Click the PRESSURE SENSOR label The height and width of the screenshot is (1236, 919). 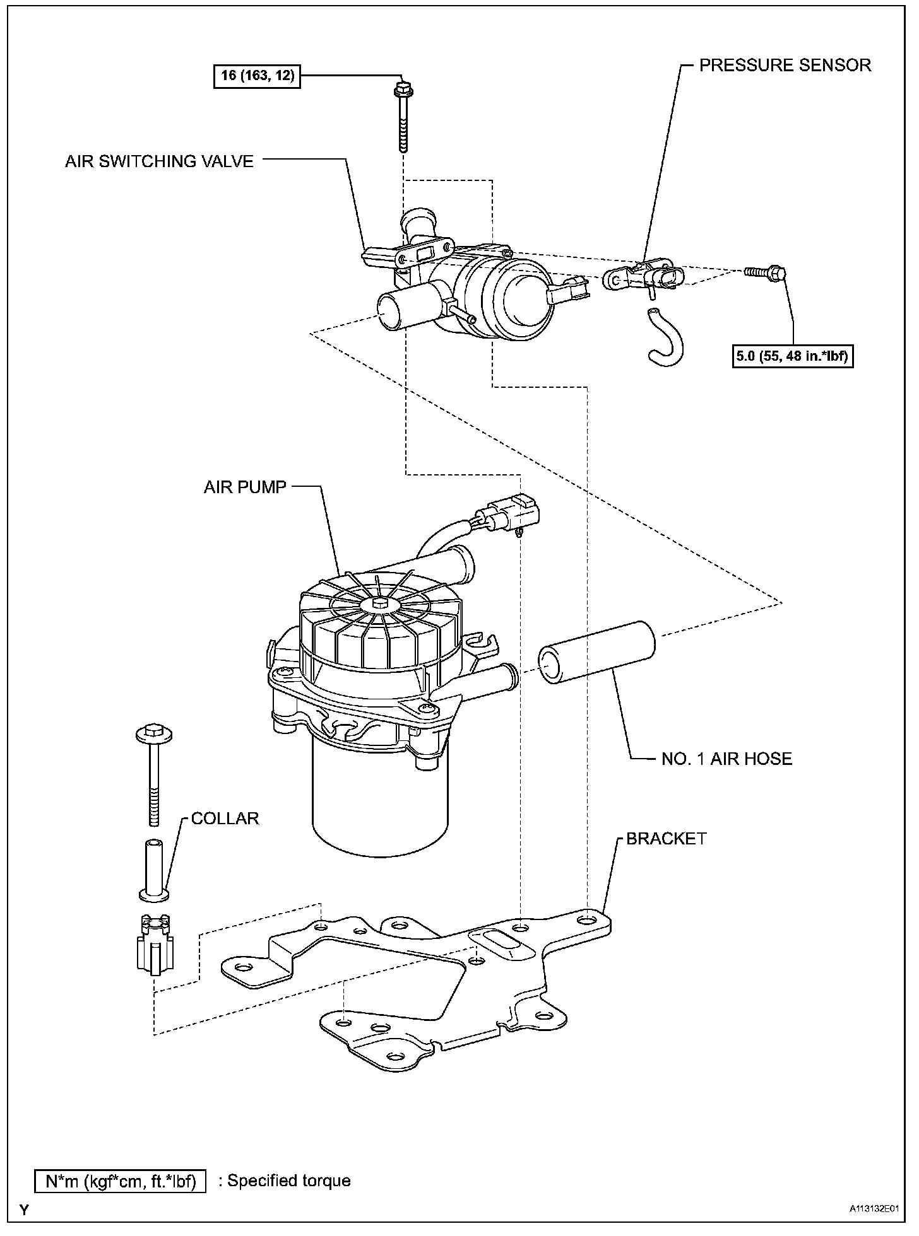point(785,65)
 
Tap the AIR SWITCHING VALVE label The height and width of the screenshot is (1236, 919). point(159,161)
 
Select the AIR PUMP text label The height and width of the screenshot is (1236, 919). point(245,487)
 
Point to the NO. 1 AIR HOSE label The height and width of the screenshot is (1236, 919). point(726,758)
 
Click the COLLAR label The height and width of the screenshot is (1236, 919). point(225,819)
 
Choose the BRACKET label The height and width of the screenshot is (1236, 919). point(666,839)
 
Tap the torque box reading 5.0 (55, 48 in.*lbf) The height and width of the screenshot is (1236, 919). point(793,357)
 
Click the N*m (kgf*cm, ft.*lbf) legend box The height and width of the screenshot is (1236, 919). point(120,1181)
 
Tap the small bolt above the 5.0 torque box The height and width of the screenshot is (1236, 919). point(765,272)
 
